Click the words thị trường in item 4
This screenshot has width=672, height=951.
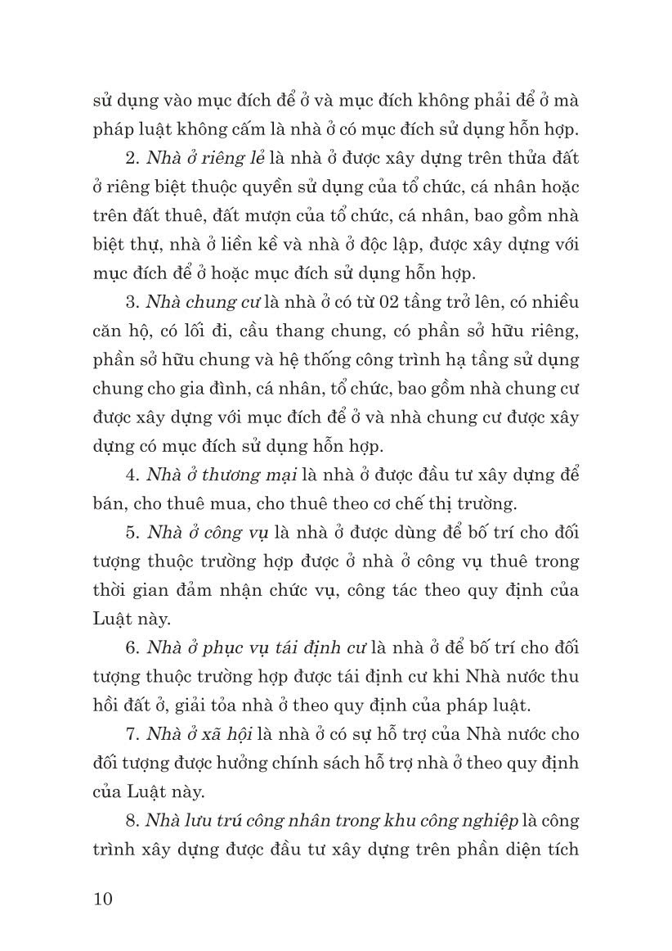[477, 503]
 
